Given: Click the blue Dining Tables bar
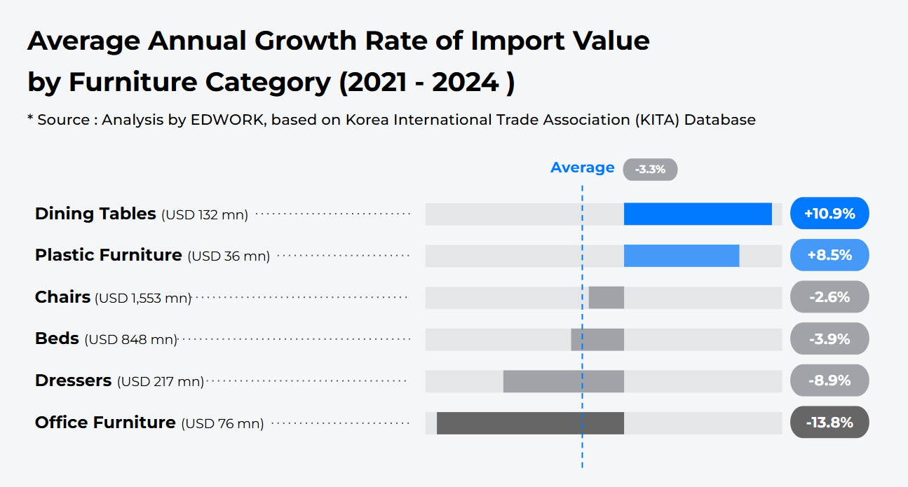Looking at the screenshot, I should [x=698, y=214].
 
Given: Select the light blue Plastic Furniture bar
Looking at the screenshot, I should [x=682, y=256].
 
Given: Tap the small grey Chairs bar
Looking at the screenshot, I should [x=606, y=298].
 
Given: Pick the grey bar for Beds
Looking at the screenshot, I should [x=597, y=340].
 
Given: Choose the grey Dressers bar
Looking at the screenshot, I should [x=563, y=381].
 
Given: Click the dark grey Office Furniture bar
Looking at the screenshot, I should [x=530, y=423].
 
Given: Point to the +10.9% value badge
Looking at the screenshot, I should [x=829, y=214].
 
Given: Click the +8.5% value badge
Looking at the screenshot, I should [x=829, y=255].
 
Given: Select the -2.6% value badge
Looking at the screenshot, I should [x=829, y=297].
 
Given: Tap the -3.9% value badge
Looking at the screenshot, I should [x=829, y=339].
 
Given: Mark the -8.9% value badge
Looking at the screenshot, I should [x=829, y=380].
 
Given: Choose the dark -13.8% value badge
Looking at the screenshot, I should [x=829, y=423].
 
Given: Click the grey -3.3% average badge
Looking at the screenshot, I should [x=650, y=170].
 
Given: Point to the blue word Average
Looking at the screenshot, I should [x=582, y=167].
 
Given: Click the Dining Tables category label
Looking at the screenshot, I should [x=95, y=214].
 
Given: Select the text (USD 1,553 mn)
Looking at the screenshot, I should [x=143, y=299].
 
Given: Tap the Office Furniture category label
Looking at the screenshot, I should [x=105, y=423].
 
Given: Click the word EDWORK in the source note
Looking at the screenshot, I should [x=227, y=120].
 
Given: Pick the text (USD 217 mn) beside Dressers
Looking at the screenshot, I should [x=161, y=382].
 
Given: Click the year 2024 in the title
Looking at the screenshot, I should [x=465, y=83].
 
